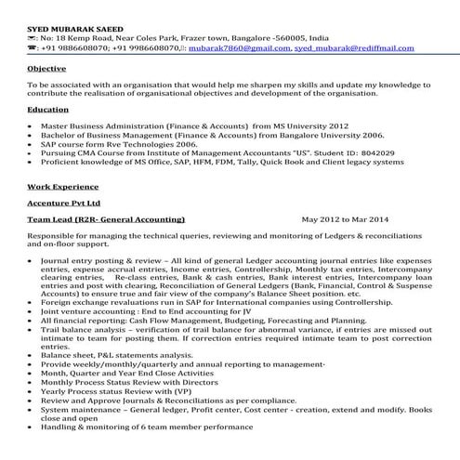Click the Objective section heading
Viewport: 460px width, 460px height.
click(x=46, y=69)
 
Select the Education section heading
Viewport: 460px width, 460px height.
click(x=48, y=110)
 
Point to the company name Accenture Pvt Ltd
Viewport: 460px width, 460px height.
click(x=64, y=202)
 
